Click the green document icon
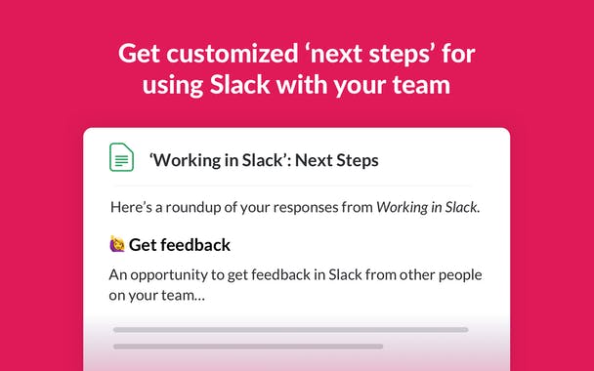[x=121, y=157]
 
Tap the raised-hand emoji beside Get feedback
[x=117, y=244]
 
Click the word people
[x=457, y=274]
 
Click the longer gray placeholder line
[x=290, y=329]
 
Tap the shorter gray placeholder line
[x=244, y=346]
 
